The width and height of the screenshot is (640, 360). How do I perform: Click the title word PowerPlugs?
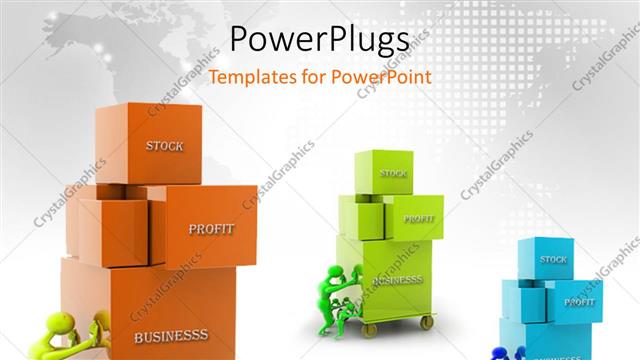(319, 39)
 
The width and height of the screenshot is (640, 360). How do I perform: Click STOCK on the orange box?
(164, 146)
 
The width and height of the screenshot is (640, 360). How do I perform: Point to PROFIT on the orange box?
(211, 229)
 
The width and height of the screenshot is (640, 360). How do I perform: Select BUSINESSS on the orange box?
(171, 336)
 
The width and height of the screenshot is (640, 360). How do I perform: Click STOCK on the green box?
(393, 173)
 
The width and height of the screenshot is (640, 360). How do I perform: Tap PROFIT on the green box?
(418, 218)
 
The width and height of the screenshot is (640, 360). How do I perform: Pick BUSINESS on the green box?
(399, 281)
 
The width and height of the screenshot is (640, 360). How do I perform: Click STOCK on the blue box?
(553, 260)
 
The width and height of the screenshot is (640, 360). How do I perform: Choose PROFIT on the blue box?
(579, 301)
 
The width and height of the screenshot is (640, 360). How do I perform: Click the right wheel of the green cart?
(427, 322)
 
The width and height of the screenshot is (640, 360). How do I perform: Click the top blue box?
(545, 258)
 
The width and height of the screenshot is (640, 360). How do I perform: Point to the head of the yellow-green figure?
(62, 325)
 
